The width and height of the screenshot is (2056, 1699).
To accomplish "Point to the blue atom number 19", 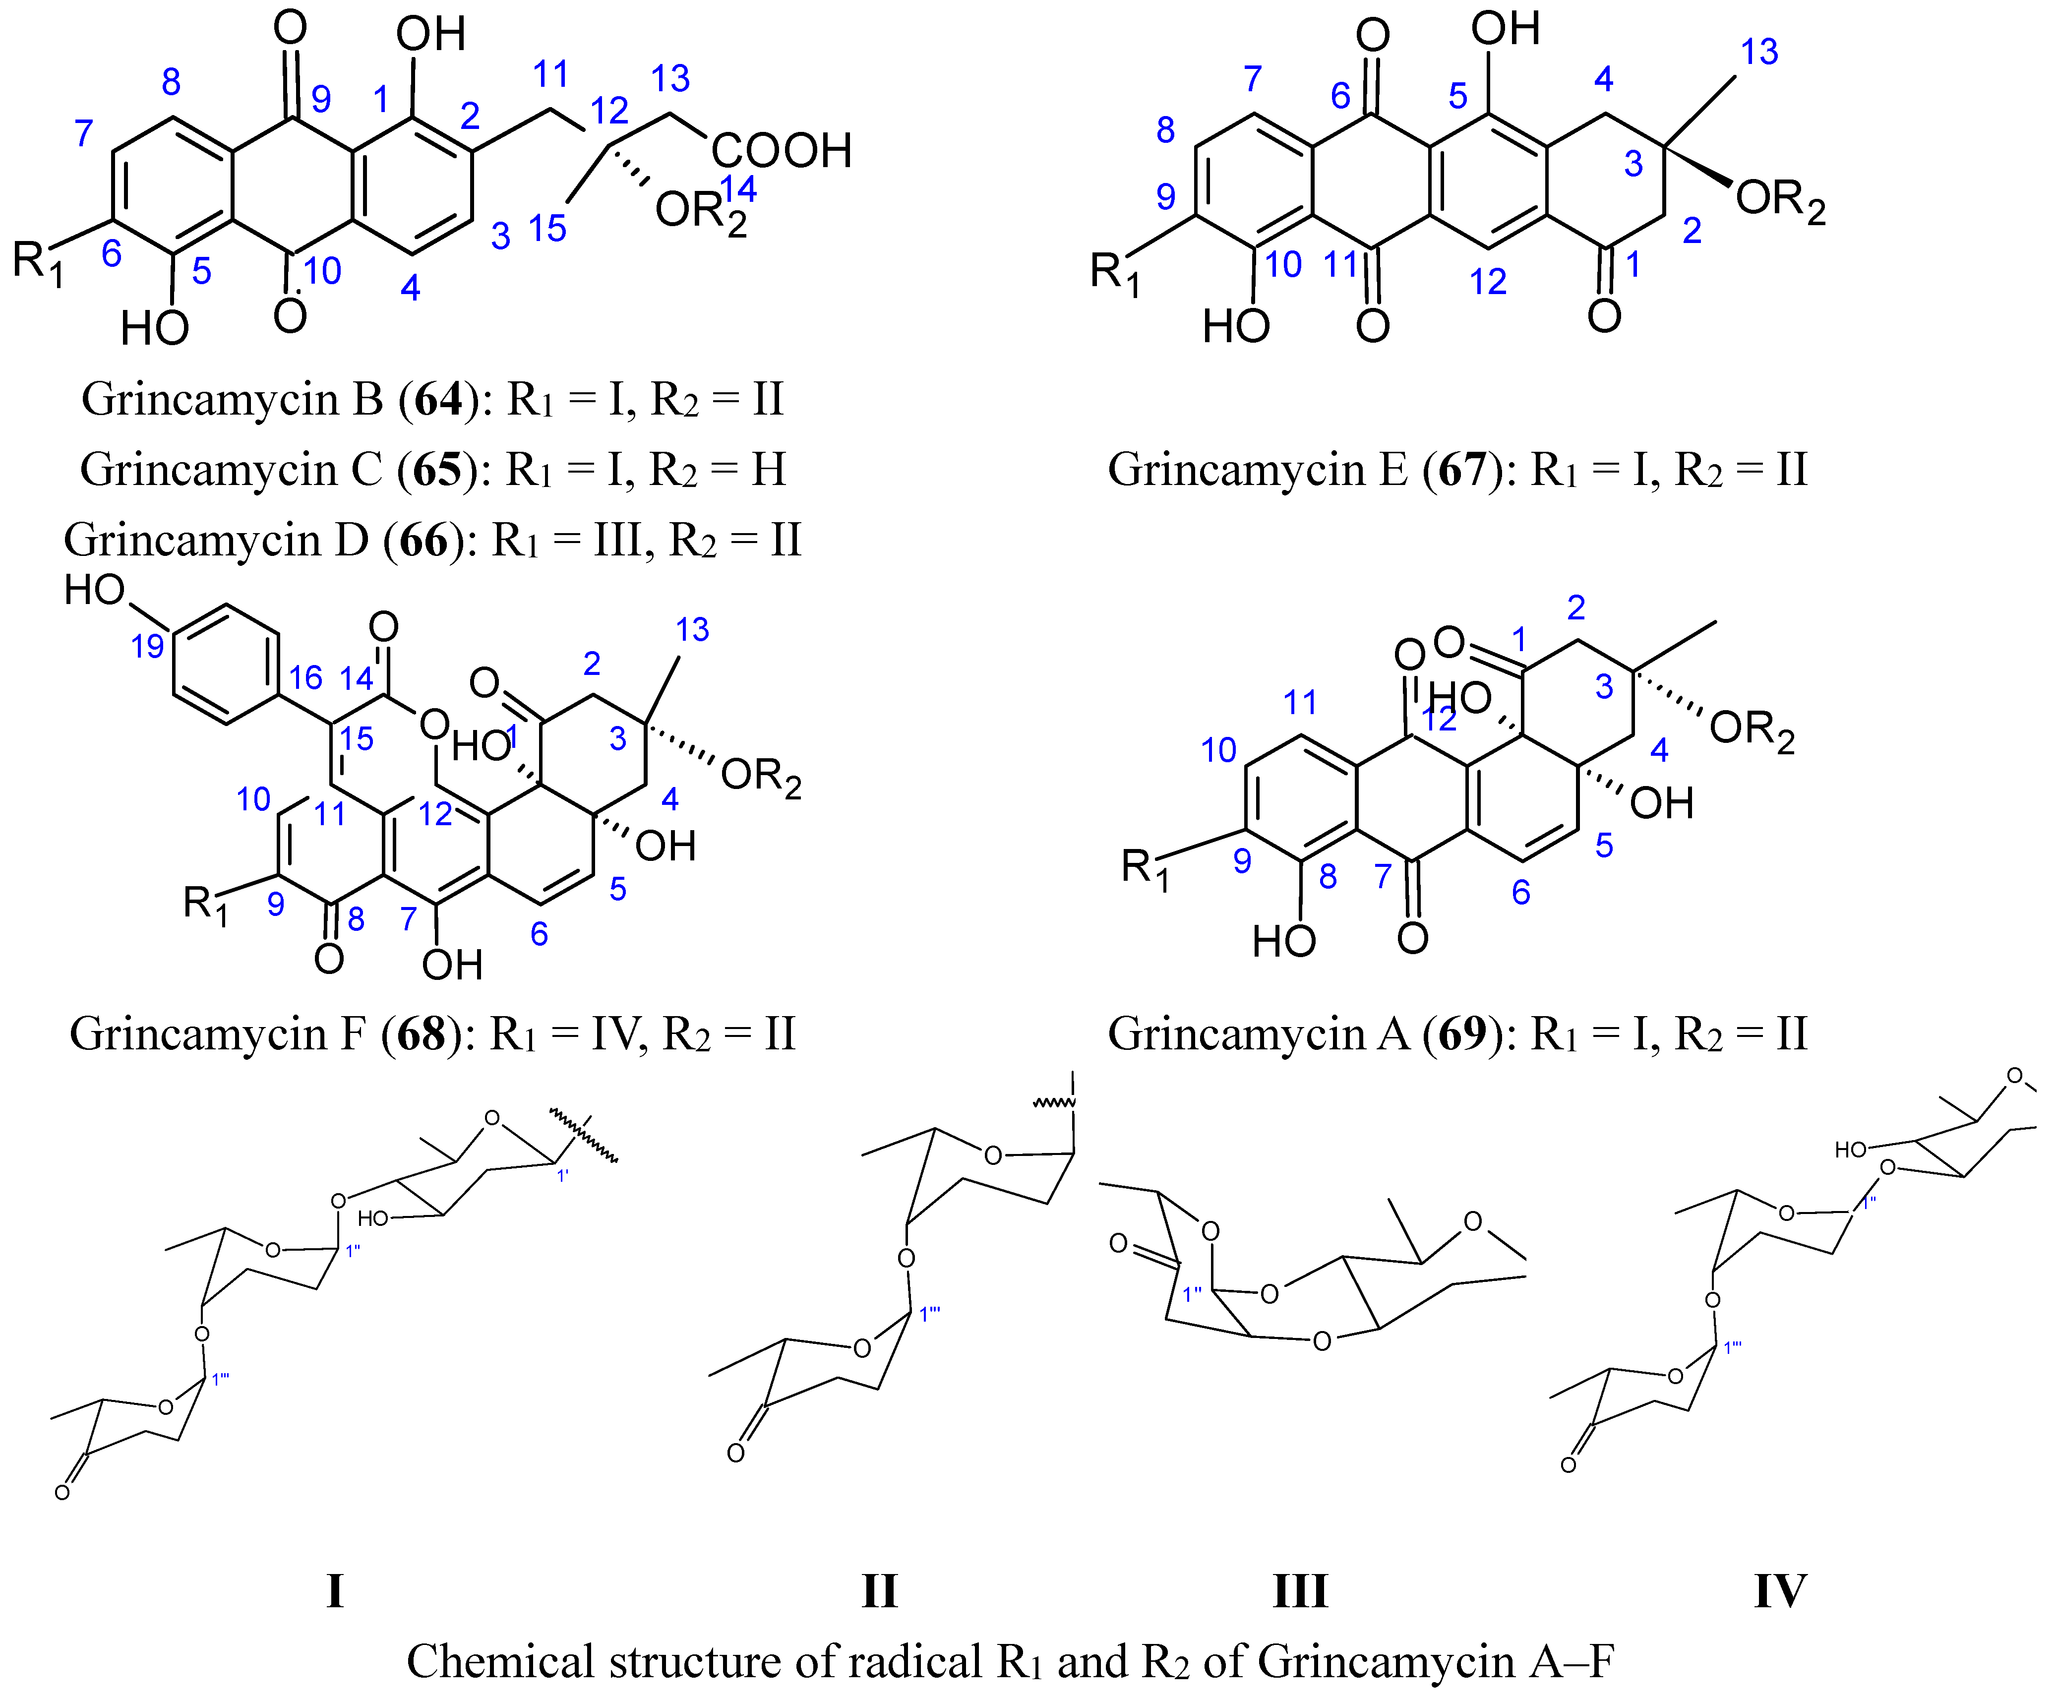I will click(x=148, y=646).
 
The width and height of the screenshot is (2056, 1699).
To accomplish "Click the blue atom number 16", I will click(x=305, y=677).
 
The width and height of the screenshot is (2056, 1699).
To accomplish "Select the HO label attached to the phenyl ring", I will click(x=95, y=590).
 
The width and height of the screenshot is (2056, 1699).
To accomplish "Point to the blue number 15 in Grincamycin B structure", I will click(x=547, y=229).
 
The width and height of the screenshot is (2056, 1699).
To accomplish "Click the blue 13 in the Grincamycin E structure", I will click(x=1758, y=52).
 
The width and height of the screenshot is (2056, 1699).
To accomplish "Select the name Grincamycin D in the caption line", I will click(x=215, y=540).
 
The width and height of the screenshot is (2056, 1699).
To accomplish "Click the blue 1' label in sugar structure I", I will click(x=563, y=1175).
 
